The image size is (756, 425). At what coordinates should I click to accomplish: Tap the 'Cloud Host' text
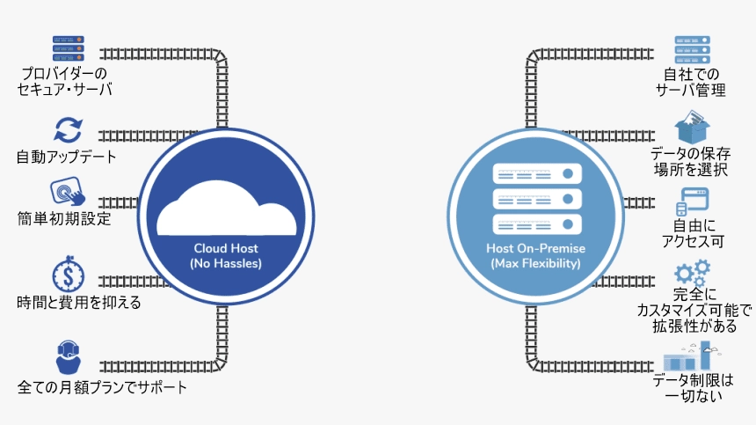coord(225,248)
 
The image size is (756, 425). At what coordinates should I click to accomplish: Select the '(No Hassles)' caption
coord(225,263)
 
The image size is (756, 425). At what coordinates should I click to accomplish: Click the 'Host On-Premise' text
coord(535,248)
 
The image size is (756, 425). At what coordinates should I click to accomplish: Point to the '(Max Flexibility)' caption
coord(535,263)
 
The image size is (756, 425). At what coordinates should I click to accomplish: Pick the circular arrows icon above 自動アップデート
coord(68,130)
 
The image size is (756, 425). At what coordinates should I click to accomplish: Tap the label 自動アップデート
coord(66,158)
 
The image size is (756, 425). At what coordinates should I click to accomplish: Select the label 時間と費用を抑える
coord(78,303)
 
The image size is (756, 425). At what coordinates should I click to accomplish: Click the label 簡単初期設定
coord(64,218)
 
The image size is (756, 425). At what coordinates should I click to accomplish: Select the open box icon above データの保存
coord(691,126)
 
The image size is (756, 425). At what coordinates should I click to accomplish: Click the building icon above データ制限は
coord(691,355)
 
